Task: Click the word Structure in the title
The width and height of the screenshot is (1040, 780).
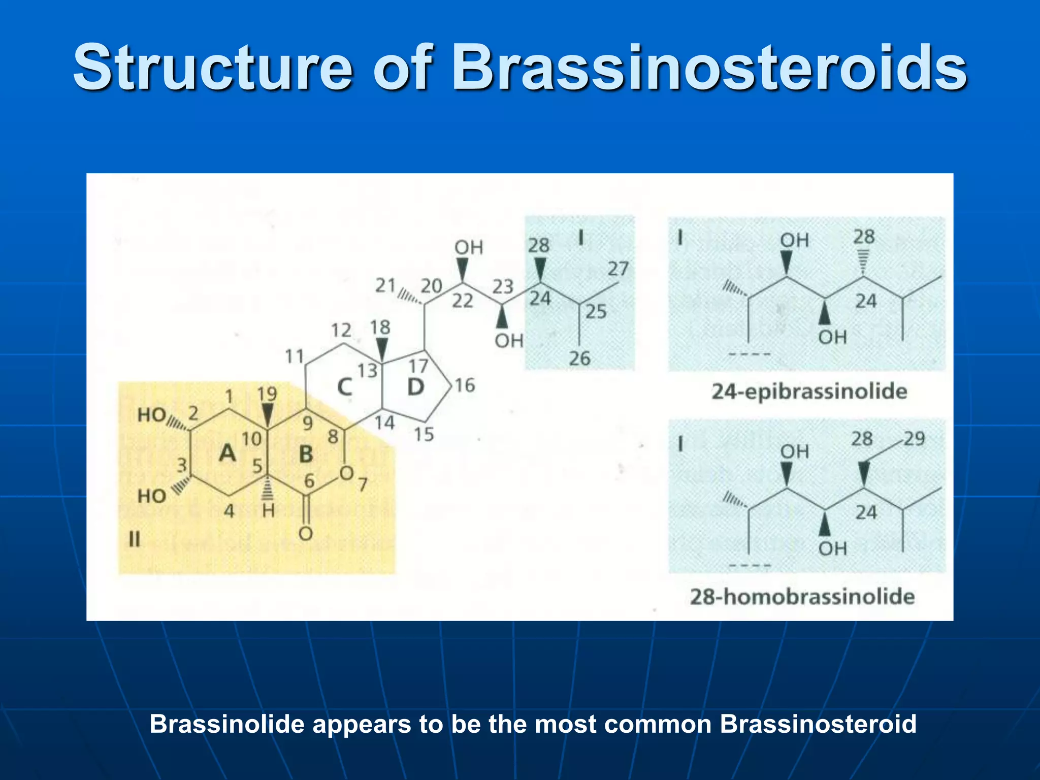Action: click(x=213, y=68)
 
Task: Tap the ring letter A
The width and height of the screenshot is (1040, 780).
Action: click(x=227, y=452)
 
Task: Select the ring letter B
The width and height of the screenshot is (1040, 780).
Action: click(x=306, y=454)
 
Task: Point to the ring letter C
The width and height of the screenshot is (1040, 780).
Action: click(x=345, y=387)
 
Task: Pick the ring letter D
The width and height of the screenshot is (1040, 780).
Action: click(x=415, y=387)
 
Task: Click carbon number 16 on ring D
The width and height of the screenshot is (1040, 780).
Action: click(x=465, y=385)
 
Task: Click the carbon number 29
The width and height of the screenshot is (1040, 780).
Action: click(x=914, y=439)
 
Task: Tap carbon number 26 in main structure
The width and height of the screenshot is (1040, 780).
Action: click(x=579, y=359)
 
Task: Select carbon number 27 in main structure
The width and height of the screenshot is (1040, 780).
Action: click(x=618, y=269)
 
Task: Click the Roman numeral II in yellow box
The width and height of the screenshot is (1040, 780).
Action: click(x=134, y=539)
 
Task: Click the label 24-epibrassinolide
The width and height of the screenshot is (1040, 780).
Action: click(x=809, y=392)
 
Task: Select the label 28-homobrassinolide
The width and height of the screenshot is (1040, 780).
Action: click(x=802, y=596)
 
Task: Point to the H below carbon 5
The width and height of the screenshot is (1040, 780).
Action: click(x=268, y=510)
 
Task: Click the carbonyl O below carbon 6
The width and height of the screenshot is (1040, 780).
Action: click(x=305, y=534)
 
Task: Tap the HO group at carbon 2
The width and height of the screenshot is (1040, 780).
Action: click(x=151, y=415)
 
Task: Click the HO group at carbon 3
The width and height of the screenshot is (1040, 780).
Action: click(x=151, y=496)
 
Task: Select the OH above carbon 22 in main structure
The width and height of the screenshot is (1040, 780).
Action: click(x=468, y=248)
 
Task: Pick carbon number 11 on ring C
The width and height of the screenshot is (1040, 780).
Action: click(x=295, y=356)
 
